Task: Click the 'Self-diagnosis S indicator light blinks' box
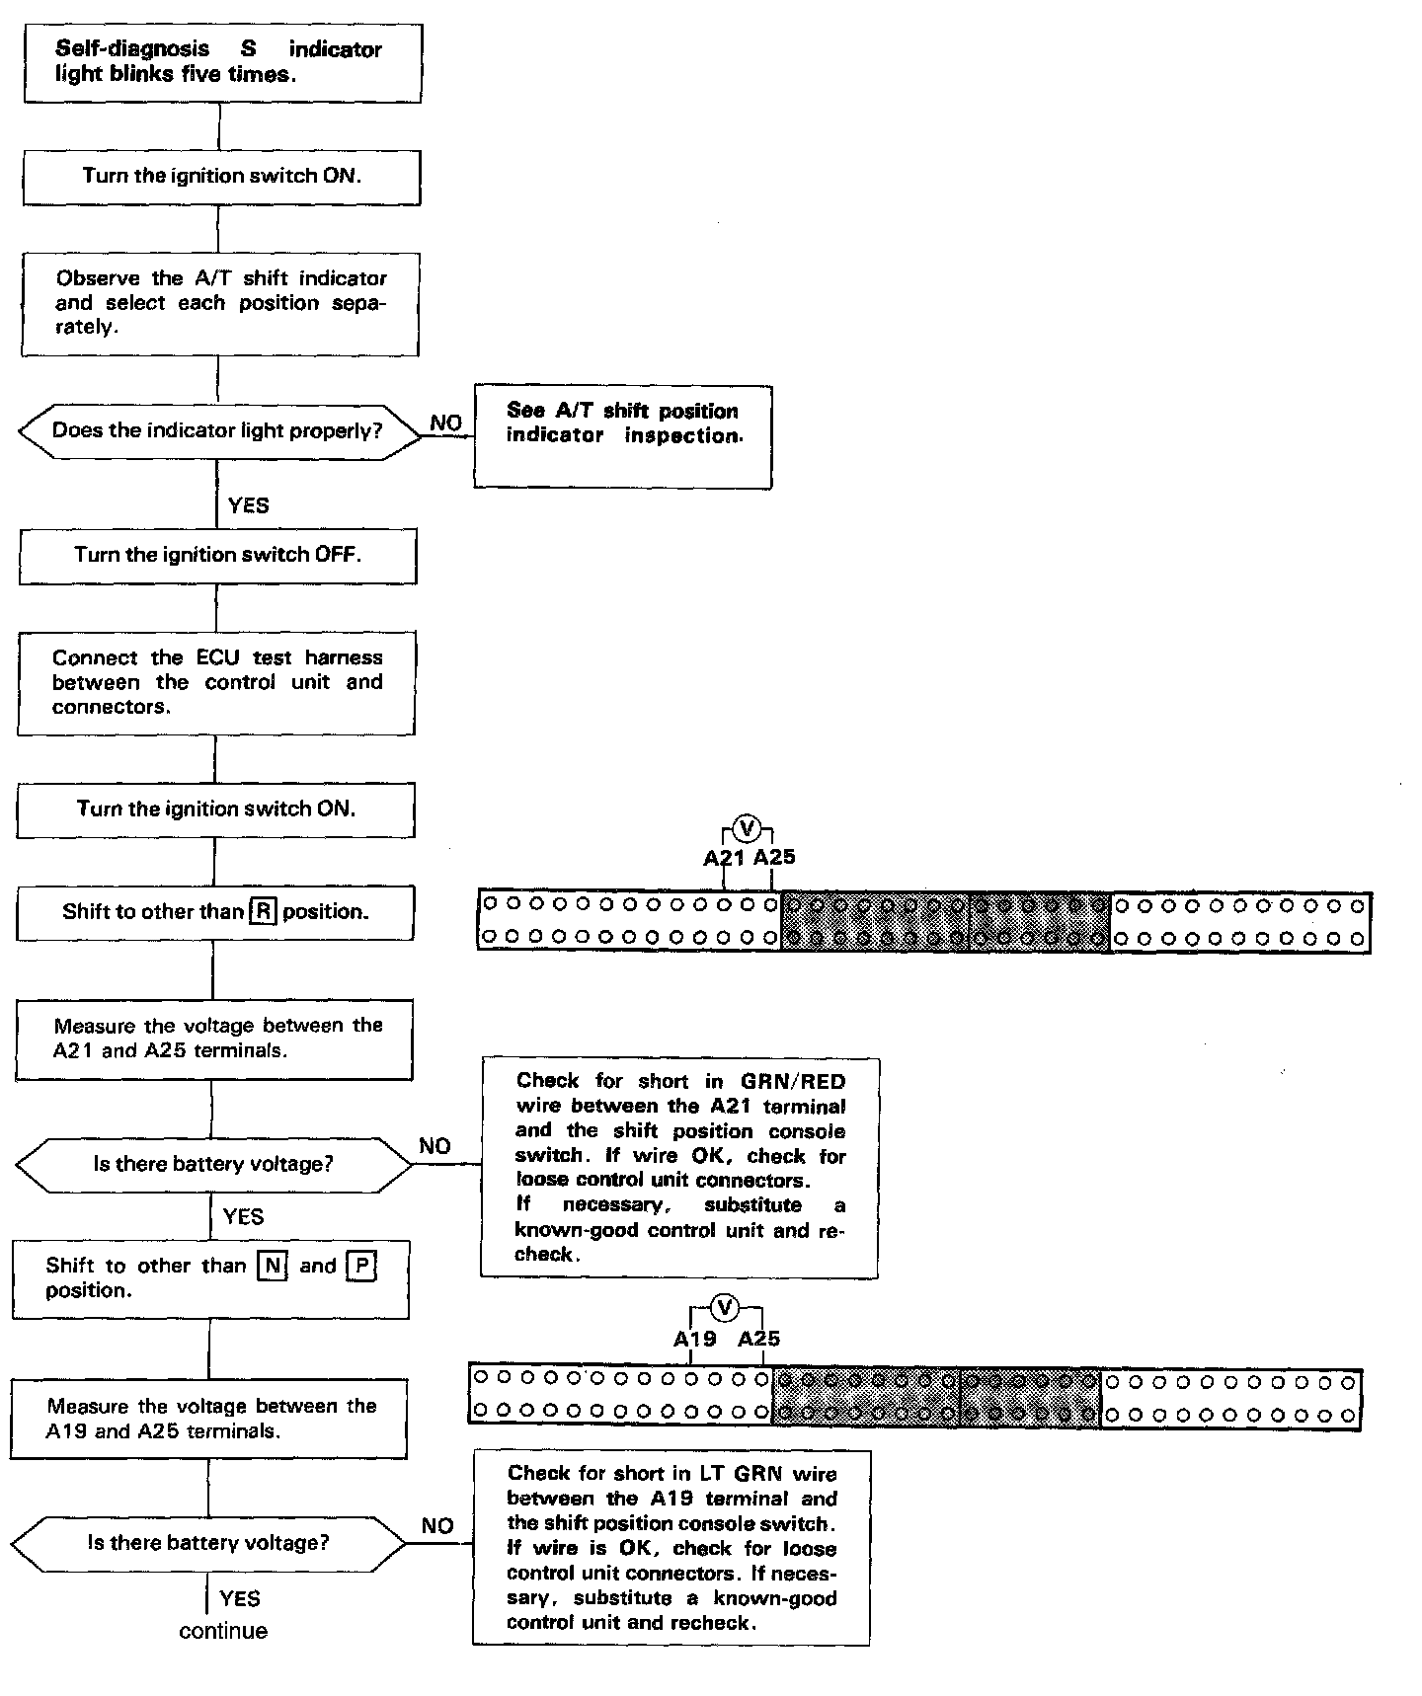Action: coord(222,63)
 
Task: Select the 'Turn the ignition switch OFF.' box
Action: coord(217,556)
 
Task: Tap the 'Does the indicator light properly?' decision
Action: coord(217,431)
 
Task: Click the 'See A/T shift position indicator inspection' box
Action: coord(623,436)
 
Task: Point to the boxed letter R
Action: coord(263,911)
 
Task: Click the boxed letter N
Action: coord(272,1266)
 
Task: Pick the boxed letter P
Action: coord(361,1266)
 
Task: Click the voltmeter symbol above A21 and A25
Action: coord(748,827)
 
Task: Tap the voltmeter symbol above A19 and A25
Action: coord(725,1308)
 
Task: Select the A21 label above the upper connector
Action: coord(723,857)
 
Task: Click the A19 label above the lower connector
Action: coord(694,1339)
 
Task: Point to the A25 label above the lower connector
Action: coord(759,1339)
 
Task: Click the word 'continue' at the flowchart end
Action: coord(223,1631)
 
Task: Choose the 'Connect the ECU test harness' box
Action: coord(216,683)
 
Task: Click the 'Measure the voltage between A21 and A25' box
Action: coord(214,1039)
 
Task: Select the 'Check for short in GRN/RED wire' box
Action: coord(679,1168)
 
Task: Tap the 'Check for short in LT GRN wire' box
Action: coord(671,1547)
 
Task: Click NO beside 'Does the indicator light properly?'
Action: coord(446,423)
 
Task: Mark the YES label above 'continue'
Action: coord(240,1598)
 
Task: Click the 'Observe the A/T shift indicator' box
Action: coord(220,303)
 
